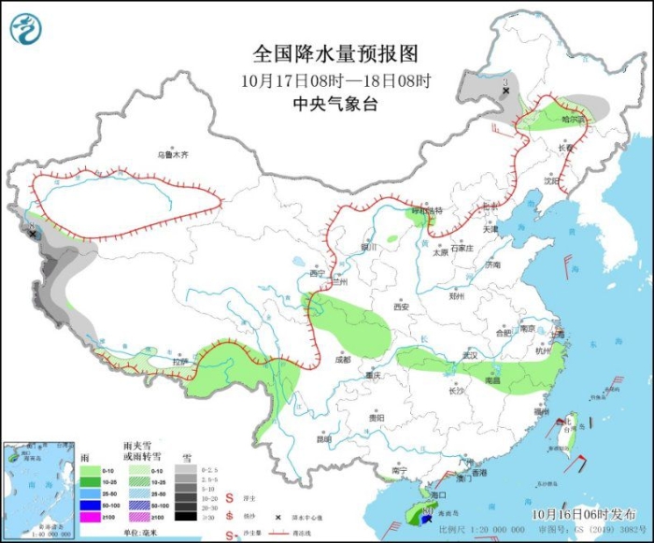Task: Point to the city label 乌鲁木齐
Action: click(172, 154)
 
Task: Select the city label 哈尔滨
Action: click(572, 120)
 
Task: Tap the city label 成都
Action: click(341, 359)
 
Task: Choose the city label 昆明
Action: click(323, 438)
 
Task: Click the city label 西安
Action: click(401, 306)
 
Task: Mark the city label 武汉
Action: click(468, 355)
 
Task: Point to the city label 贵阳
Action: click(375, 418)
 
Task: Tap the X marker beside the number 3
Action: click(505, 92)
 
